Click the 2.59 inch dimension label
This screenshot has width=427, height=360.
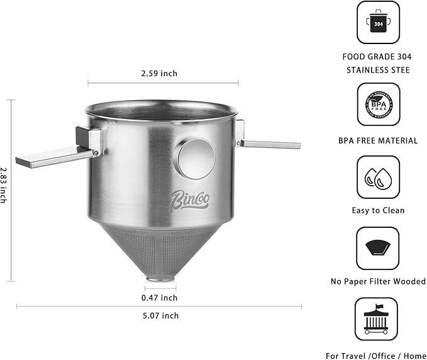coord(160,74)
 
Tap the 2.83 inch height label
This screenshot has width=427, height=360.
coord(4,184)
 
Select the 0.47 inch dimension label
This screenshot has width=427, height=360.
coord(160,298)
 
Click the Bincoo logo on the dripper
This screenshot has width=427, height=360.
coord(190,200)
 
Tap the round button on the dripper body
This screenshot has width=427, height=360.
coord(194,157)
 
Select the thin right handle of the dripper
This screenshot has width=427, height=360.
coord(267,144)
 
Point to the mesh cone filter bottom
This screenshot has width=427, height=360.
coord(161,249)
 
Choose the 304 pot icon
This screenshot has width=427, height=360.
coord(377,23)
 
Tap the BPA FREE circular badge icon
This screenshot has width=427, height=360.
coord(377,104)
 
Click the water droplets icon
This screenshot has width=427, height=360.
coord(377,177)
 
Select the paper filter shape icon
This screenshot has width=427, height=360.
coord(377,248)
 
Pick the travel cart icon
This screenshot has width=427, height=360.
coord(376,319)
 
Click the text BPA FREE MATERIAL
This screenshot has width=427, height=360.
coord(377,140)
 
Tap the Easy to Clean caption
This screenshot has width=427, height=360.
coord(377,211)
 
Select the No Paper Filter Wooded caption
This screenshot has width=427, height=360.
coord(377,281)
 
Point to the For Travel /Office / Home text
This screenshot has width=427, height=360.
coord(376,355)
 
